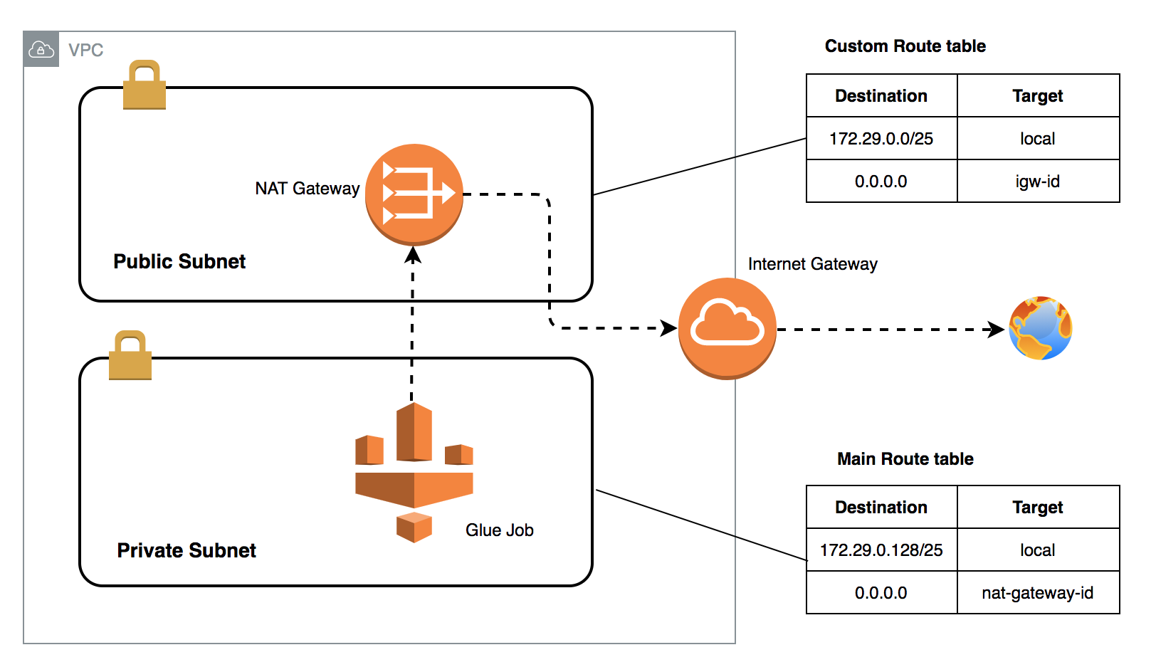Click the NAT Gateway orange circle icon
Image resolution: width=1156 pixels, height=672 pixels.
pyautogui.click(x=414, y=194)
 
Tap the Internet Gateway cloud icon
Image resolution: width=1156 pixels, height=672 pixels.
pyautogui.click(x=727, y=327)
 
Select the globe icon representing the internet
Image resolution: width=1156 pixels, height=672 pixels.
pyautogui.click(x=1040, y=328)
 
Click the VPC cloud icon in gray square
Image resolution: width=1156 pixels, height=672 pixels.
pyautogui.click(x=41, y=50)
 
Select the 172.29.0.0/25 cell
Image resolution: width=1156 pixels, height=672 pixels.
pyautogui.click(x=881, y=139)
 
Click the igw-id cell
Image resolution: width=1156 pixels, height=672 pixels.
pyautogui.click(x=1037, y=182)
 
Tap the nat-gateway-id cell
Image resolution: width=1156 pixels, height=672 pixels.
pyautogui.click(x=1037, y=593)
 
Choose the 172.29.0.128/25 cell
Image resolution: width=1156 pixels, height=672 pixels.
pyautogui.click(x=881, y=550)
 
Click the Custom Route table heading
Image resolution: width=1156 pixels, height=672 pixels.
pyautogui.click(x=905, y=46)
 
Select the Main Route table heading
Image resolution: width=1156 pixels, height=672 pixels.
pyautogui.click(x=905, y=459)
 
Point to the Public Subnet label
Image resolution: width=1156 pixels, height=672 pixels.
pyautogui.click(x=179, y=261)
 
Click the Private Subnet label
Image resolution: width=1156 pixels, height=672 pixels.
pyautogui.click(x=186, y=550)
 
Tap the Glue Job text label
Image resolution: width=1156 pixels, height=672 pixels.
pyautogui.click(x=499, y=530)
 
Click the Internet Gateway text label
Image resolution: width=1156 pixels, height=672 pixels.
pyautogui.click(x=812, y=264)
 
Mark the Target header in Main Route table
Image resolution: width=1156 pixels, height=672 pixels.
pyautogui.click(x=1037, y=508)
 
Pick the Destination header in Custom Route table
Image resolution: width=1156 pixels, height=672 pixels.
pyautogui.click(x=881, y=96)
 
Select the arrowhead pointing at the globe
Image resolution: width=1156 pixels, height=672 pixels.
pyautogui.click(x=996, y=330)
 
